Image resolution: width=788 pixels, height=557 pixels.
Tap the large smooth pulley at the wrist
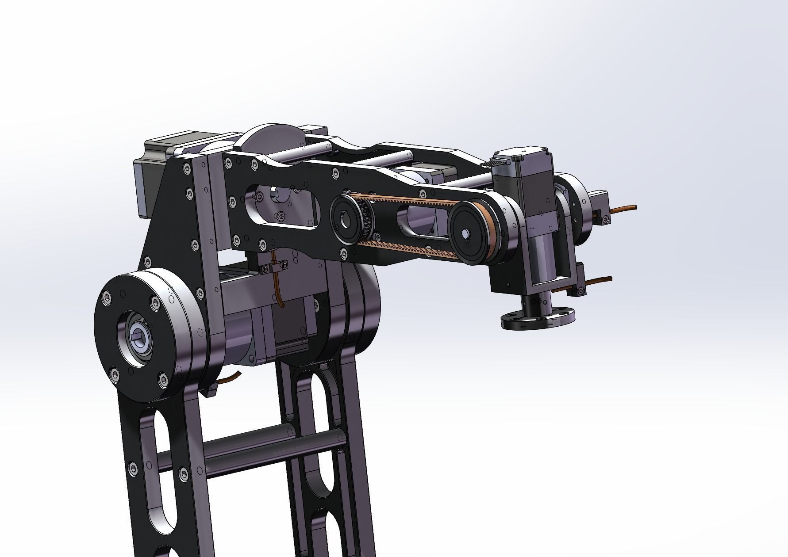click(x=470, y=233)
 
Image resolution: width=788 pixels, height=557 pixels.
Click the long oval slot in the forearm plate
click(x=283, y=207)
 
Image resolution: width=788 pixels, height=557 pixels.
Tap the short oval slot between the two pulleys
click(x=420, y=221)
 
